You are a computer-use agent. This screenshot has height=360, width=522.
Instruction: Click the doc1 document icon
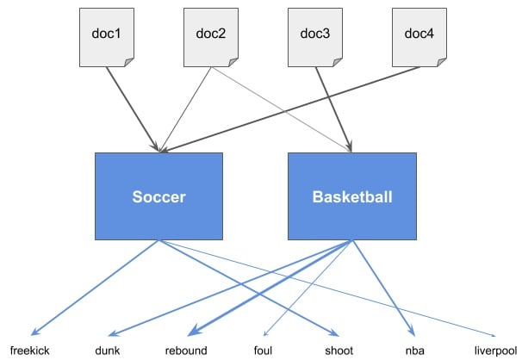click(107, 36)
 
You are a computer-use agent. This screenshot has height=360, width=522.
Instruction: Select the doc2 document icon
click(211, 36)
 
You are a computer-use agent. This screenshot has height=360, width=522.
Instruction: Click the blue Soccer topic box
click(158, 196)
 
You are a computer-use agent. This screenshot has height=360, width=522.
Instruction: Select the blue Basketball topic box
click(351, 196)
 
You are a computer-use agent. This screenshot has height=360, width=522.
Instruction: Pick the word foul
click(263, 351)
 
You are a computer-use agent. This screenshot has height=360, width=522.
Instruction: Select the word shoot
click(339, 351)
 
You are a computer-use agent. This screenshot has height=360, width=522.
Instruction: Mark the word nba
click(415, 351)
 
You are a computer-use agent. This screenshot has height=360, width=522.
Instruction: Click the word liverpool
click(493, 351)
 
